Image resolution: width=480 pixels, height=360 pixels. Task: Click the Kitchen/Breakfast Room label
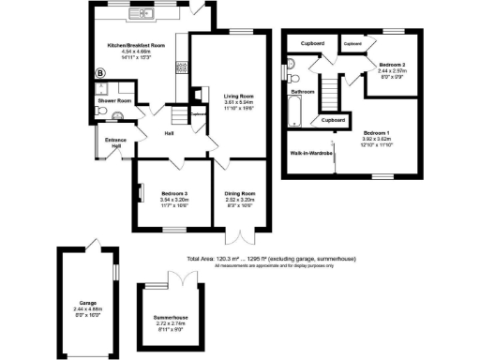pos(136,44)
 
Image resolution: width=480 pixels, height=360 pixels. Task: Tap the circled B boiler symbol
pos(100,73)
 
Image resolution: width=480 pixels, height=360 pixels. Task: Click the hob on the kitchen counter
pos(182,67)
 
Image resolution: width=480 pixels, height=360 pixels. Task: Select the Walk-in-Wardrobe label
pos(312,151)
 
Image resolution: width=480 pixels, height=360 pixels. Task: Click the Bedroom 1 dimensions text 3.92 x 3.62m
pos(382,139)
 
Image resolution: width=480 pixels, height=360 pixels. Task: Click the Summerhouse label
pos(172,318)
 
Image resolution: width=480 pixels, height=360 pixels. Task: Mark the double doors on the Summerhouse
pos(178,277)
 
